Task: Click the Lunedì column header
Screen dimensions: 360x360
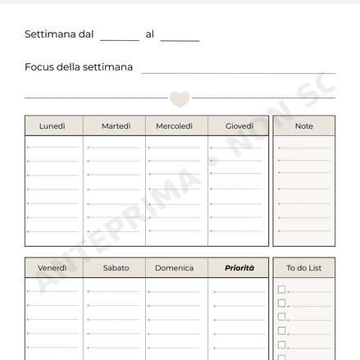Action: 52,126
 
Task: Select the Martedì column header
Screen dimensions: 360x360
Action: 116,126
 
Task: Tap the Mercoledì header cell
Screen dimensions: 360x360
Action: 175,126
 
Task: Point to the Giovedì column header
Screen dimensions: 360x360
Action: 239,126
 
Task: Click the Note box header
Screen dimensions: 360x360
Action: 303,126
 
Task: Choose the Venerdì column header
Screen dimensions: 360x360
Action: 52,268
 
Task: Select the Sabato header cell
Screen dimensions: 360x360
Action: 116,268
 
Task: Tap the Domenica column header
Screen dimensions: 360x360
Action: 175,268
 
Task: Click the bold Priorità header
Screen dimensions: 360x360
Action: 239,268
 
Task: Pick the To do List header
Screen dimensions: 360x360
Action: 303,268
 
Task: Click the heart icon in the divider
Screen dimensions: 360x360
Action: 180,99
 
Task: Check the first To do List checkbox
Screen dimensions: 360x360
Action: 282,289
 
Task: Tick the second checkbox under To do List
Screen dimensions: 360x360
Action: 282,303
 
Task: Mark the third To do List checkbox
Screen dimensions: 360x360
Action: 282,317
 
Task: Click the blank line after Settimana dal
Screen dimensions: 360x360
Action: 120,38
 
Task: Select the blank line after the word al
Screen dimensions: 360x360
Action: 180,38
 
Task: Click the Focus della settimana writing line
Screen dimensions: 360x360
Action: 238,71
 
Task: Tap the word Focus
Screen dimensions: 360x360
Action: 39,67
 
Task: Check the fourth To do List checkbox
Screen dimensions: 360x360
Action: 282,331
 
